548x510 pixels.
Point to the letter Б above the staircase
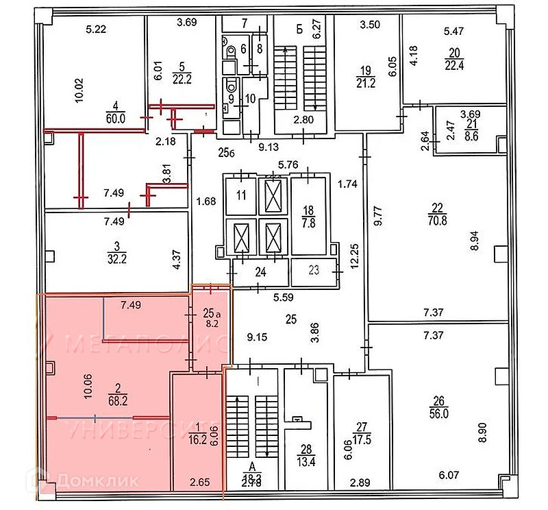click(299, 28)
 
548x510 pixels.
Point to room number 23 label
click(314, 270)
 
